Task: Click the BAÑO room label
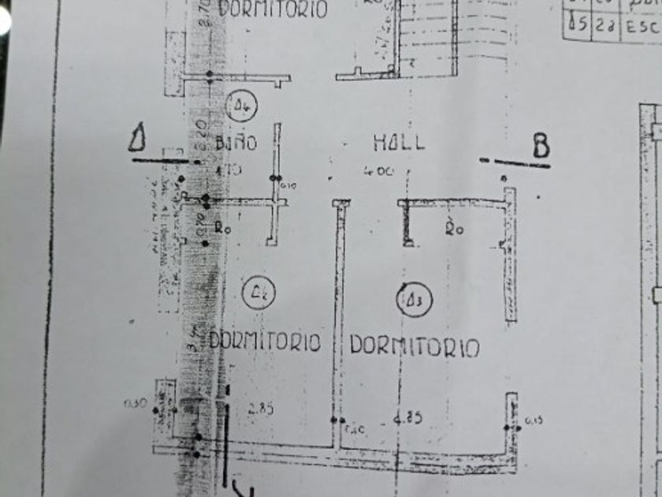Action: (x=236, y=143)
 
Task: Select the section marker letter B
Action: (x=541, y=147)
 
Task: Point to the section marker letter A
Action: (x=139, y=139)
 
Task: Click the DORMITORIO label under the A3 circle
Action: (x=415, y=346)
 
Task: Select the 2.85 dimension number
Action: (x=260, y=409)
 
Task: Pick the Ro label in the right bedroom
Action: (x=453, y=230)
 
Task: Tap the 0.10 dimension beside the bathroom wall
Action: (x=285, y=186)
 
